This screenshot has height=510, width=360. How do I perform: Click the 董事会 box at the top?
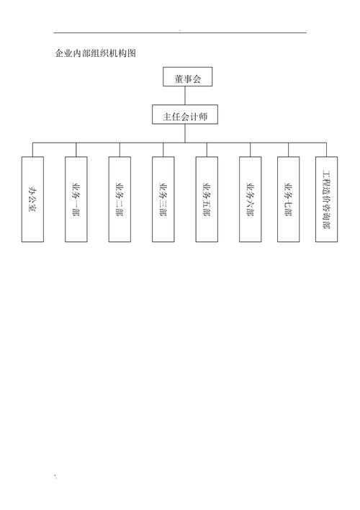[188, 77]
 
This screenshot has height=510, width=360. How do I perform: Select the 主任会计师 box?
[185, 115]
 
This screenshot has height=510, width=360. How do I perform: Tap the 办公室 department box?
[32, 200]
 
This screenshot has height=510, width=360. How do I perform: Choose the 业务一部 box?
[76, 200]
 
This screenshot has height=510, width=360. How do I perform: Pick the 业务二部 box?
[120, 200]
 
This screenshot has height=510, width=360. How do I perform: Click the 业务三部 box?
[163, 200]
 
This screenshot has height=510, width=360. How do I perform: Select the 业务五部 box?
[207, 200]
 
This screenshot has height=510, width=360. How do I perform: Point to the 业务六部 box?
[250, 200]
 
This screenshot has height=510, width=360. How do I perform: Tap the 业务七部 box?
[289, 200]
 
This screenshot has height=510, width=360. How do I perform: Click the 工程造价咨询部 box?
[326, 200]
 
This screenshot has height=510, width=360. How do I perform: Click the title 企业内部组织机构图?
[95, 53]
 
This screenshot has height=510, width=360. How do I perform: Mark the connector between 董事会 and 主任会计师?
[185, 96]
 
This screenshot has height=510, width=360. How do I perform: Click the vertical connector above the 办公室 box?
[32, 150]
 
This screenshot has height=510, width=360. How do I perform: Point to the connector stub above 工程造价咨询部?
[326, 150]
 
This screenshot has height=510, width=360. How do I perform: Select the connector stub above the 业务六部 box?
[250, 150]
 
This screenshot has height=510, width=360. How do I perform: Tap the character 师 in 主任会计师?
[203, 117]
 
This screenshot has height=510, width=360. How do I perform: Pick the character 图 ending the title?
[132, 53]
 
